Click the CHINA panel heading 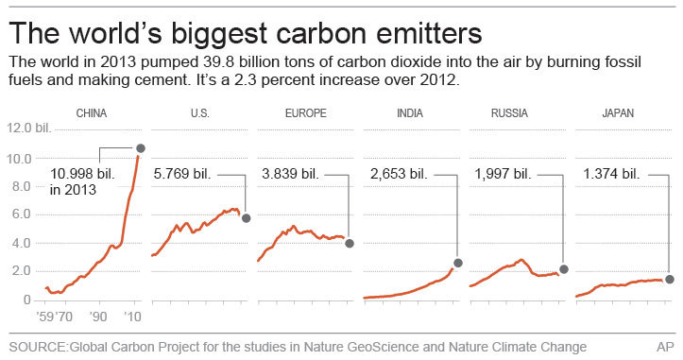[91, 113]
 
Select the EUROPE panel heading [305, 113]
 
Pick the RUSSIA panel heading [509, 113]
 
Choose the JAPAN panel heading [617, 113]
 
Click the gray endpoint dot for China [141, 148]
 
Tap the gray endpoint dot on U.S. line [247, 218]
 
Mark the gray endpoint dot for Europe [350, 243]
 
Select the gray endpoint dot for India [458, 263]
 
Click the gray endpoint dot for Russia [564, 269]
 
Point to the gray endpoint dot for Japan [670, 279]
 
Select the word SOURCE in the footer [37, 347]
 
